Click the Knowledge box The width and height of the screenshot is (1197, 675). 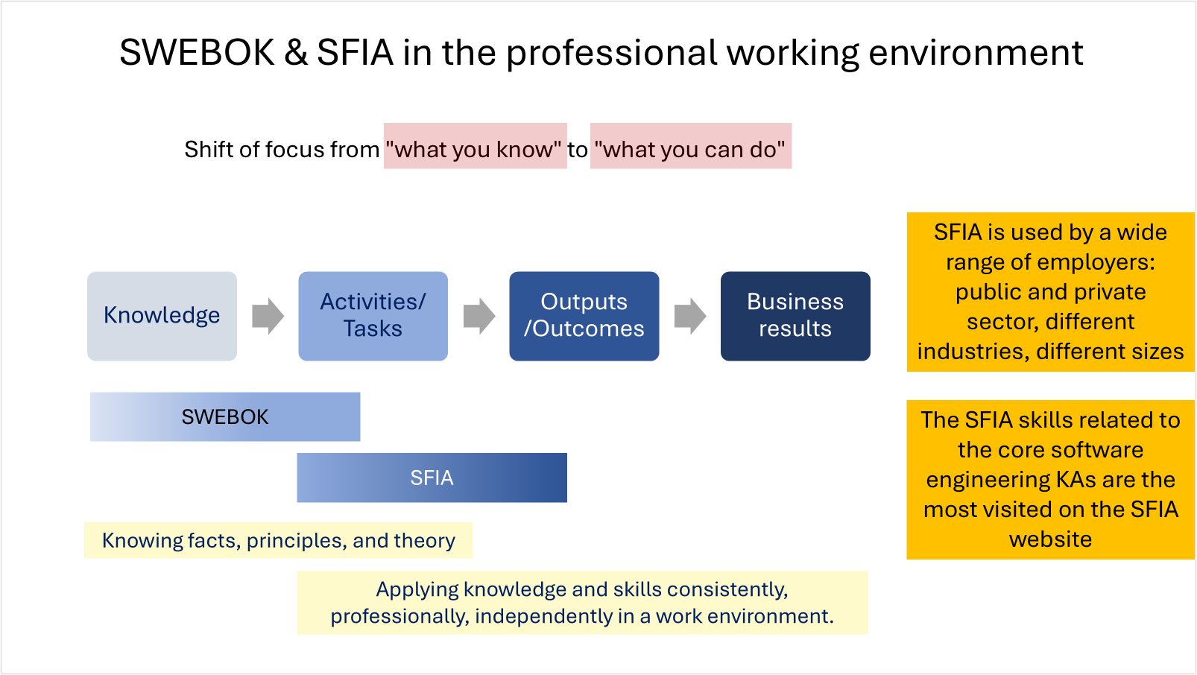162,316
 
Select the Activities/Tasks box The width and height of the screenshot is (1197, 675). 373,316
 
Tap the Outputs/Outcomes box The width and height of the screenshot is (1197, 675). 584,316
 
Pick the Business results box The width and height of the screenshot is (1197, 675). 795,316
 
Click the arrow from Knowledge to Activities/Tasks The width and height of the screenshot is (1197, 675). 268,316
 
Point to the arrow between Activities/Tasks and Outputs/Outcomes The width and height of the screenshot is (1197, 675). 479,316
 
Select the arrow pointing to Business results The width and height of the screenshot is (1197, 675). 689,316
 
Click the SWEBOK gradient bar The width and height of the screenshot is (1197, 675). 225,416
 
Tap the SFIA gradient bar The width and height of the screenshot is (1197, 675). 432,478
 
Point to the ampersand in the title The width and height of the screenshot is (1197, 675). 296,53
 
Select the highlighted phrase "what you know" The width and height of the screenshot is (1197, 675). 475,149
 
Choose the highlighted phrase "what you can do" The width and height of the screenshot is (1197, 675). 690,149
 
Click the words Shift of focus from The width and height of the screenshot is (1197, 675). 282,149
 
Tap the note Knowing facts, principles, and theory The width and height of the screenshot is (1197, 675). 278,540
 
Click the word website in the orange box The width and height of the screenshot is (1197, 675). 1050,539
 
